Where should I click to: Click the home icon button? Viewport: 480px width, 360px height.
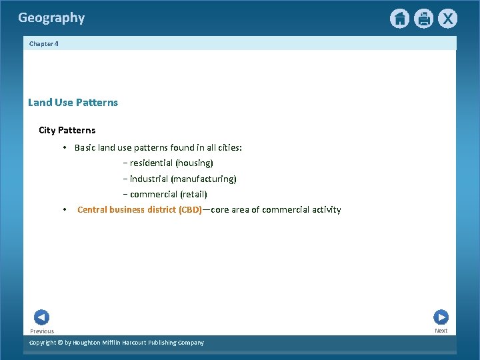coord(399,19)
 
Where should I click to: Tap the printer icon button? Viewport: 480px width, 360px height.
coord(423,19)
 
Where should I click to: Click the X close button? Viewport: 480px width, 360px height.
coord(447,19)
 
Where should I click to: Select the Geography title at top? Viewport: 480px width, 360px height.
coord(51,18)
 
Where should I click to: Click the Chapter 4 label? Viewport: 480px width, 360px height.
coord(43,43)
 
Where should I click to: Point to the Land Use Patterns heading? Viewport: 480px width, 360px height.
coord(73,103)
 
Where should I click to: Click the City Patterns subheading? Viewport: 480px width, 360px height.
coord(67,130)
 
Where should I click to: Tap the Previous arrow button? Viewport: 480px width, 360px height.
coord(41,318)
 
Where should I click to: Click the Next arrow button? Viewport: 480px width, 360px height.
coord(441,317)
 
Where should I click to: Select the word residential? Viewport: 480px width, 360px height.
coord(151,163)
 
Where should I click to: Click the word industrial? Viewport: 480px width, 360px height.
coord(149,179)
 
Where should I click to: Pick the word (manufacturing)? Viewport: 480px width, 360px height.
coord(203,179)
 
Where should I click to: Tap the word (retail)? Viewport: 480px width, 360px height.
coord(193,195)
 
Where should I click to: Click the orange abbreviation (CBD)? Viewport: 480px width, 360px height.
coord(190,210)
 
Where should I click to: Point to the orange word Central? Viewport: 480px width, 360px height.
coord(93,210)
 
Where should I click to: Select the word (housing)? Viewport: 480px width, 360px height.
coord(194,163)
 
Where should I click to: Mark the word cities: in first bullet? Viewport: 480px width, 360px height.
coord(228,148)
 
